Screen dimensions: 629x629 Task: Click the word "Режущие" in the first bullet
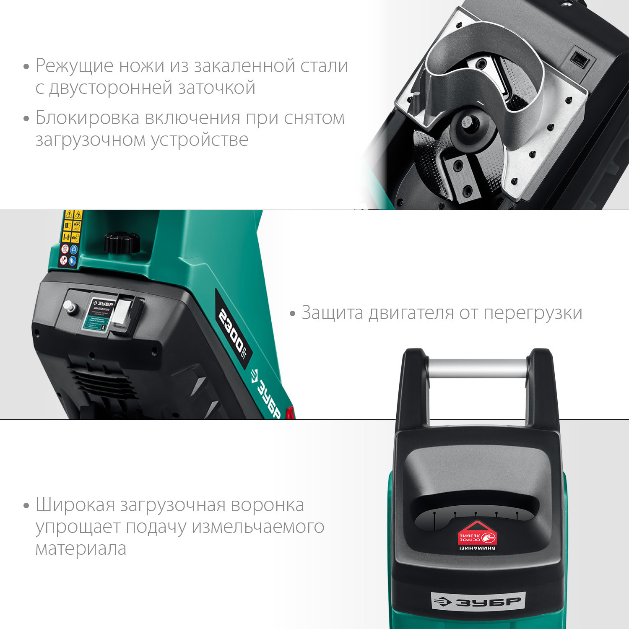pyautogui.click(x=75, y=66)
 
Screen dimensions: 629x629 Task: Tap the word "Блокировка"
pyautogui.click(x=87, y=118)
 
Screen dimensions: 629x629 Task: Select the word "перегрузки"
pyautogui.click(x=533, y=313)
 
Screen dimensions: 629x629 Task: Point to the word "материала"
pyautogui.click(x=81, y=549)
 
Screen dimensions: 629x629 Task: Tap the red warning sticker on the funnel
pyautogui.click(x=477, y=536)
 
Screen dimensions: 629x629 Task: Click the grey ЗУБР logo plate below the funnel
pyautogui.click(x=478, y=602)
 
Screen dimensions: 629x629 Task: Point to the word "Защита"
pyautogui.click(x=333, y=313)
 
